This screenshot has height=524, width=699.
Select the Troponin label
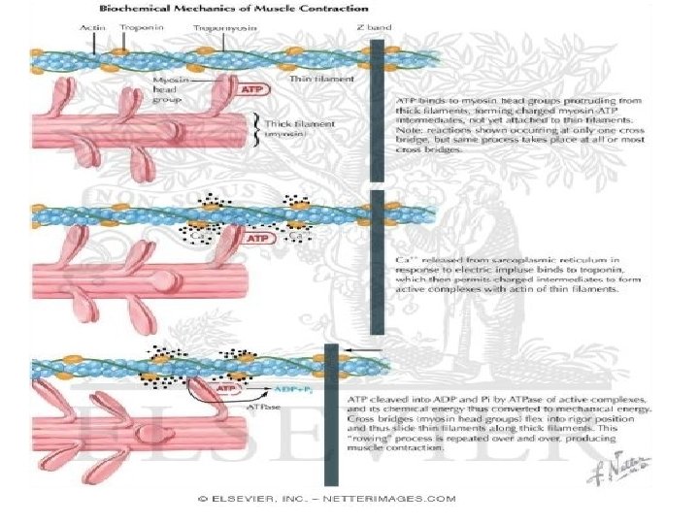pyautogui.click(x=136, y=28)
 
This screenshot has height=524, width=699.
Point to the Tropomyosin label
pyautogui.click(x=220, y=29)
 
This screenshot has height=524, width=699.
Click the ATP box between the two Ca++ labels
pyautogui.click(x=256, y=236)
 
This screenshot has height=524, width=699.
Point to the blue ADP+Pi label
pyautogui.click(x=294, y=386)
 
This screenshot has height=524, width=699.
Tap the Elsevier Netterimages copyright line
pyautogui.click(x=327, y=501)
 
